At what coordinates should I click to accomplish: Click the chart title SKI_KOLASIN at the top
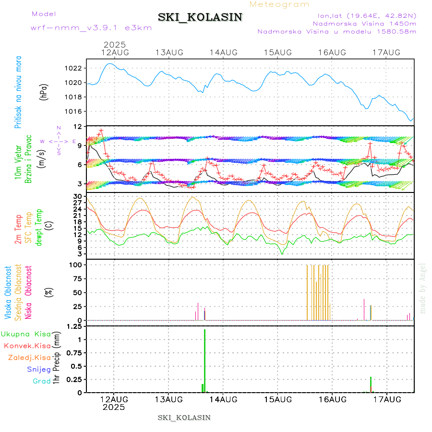coord(200,17)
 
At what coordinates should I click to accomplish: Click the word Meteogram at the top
coord(280,4)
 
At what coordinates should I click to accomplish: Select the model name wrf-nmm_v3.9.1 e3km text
coord(91,27)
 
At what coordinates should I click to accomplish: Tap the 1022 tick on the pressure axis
coord(73,68)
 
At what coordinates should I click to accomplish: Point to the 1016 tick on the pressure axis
coord(73,111)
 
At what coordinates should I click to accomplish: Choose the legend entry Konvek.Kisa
coord(27,346)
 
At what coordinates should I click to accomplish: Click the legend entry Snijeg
coord(39,369)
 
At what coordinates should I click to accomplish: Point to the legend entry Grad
coord(41,381)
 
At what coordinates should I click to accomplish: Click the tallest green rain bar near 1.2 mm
coord(205,360)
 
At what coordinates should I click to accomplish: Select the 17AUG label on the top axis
coord(387,52)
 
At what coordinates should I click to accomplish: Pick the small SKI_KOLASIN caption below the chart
coord(184,417)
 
